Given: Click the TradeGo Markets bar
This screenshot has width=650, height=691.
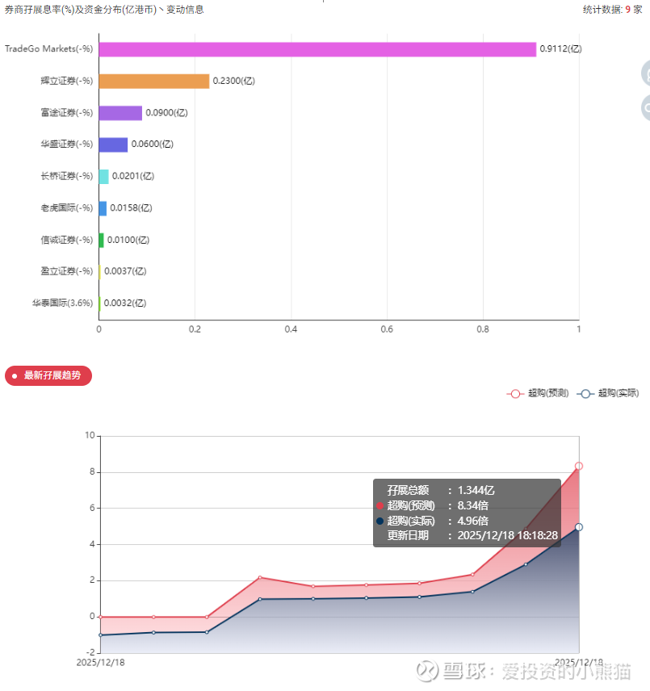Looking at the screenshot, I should tap(317, 49).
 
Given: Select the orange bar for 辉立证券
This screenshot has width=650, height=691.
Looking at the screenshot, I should tap(153, 81).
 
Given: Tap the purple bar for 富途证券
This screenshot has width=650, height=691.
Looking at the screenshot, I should tap(120, 113).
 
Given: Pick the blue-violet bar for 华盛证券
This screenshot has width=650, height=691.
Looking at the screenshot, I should tap(113, 144).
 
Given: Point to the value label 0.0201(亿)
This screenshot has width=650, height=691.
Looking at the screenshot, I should tap(132, 176).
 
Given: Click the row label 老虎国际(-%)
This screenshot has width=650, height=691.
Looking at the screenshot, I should tap(66, 207).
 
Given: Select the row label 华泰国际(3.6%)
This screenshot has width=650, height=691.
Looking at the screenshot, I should tap(62, 303).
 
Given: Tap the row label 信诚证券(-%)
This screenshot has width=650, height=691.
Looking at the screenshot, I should tap(66, 240).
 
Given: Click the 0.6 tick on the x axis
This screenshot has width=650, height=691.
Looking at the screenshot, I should tap(387, 329).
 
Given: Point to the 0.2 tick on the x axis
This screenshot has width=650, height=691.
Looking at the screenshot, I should tap(195, 329).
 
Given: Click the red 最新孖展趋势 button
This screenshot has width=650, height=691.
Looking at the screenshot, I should tap(48, 375).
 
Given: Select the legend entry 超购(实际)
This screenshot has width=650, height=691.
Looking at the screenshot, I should tap(609, 393).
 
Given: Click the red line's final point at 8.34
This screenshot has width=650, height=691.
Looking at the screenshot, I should tap(579, 466).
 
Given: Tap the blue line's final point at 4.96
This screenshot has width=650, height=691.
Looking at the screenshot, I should tap(579, 527).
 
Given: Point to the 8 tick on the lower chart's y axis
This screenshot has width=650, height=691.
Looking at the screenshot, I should tap(90, 472).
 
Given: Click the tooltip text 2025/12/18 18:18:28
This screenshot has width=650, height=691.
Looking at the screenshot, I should tap(508, 535).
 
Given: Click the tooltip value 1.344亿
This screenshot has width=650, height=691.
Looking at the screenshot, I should tap(476, 490).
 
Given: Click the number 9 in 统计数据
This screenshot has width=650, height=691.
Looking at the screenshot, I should tap(627, 10).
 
